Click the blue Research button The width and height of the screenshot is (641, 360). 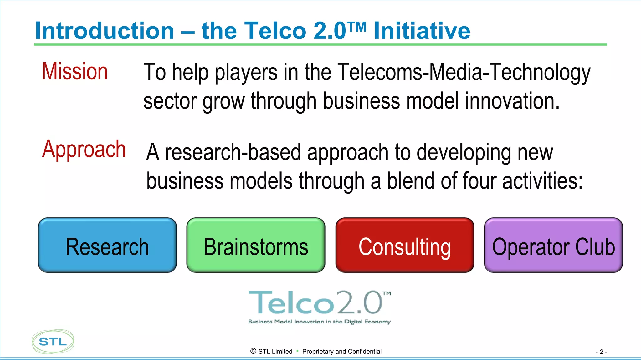pyautogui.click(x=107, y=246)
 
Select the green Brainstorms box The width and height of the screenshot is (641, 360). pyautogui.click(x=256, y=246)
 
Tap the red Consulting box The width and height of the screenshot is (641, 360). pyautogui.click(x=405, y=246)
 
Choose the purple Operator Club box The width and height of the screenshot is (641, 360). pyautogui.click(x=553, y=246)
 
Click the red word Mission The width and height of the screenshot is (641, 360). pyautogui.click(x=75, y=71)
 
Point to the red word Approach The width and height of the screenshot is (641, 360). pyautogui.click(x=84, y=150)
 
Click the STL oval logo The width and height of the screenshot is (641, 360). pyautogui.click(x=53, y=342)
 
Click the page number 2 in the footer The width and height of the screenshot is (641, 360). pyautogui.click(x=601, y=352)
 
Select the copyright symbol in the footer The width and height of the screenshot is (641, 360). pyautogui.click(x=253, y=351)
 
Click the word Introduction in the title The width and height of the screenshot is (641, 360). pyautogui.click(x=105, y=31)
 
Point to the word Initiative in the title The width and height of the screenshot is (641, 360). pyautogui.click(x=422, y=31)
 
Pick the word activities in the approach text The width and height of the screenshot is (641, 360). pyautogui.click(x=542, y=181)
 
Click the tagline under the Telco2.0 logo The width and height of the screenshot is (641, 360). pyautogui.click(x=319, y=322)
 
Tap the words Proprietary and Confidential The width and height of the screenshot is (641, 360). pyautogui.click(x=342, y=352)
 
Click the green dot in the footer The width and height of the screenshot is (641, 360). pyautogui.click(x=297, y=351)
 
